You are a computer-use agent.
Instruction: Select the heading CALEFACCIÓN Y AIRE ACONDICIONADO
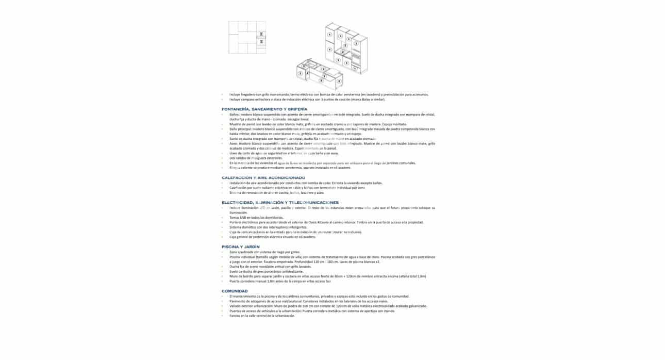click(263, 177)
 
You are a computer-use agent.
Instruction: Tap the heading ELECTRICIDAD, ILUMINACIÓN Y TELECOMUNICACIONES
click(280, 203)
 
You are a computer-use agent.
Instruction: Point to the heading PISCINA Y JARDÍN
click(240, 247)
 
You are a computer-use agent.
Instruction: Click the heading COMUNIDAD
click(235, 291)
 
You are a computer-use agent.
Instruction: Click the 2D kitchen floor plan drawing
click(247, 37)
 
